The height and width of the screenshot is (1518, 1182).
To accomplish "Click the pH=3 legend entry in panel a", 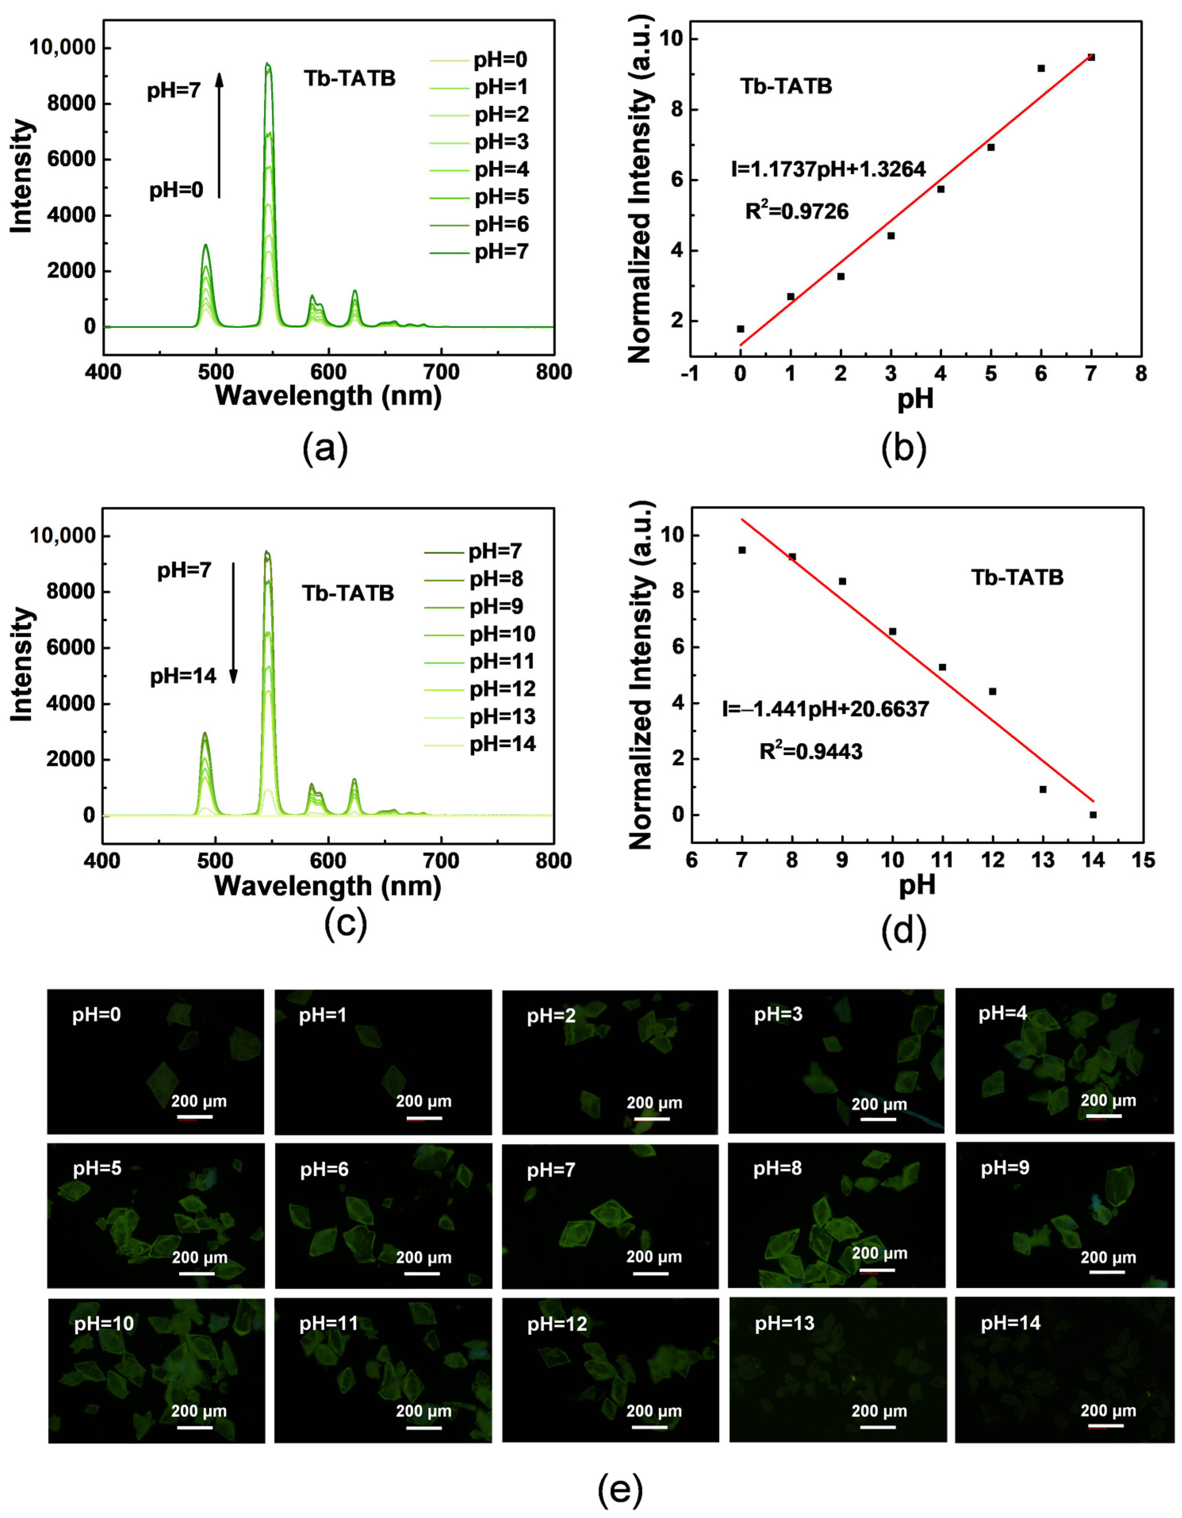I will [x=500, y=142].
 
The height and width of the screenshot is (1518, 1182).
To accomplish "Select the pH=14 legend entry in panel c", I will [x=502, y=744].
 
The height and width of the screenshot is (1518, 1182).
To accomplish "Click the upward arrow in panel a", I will [x=219, y=136].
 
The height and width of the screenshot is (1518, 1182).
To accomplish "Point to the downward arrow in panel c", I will [x=233, y=623].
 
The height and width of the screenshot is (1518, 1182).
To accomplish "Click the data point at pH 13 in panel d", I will [x=1043, y=790].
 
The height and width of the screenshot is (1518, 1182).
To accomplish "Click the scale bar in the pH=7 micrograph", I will [x=651, y=1274].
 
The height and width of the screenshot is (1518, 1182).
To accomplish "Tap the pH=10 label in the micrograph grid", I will [x=104, y=1323].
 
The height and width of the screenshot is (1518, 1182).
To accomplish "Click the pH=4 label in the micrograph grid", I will [x=1003, y=1014].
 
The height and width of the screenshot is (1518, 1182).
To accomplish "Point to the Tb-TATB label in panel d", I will [x=1018, y=578].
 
